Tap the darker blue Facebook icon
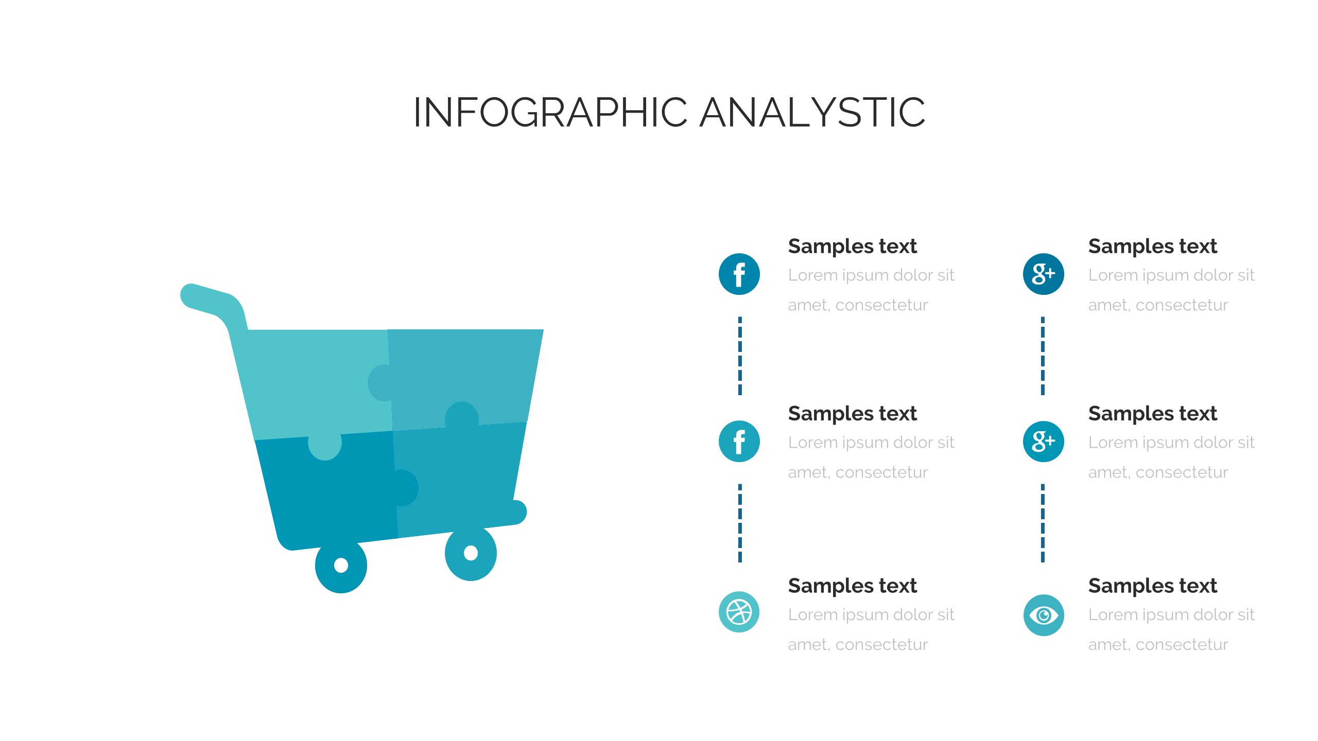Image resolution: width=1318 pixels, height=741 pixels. click(x=739, y=274)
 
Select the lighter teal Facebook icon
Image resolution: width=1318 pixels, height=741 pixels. click(x=739, y=441)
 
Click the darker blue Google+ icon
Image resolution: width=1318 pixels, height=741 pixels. click(x=1043, y=274)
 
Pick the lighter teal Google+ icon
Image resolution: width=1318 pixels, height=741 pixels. click(x=1043, y=441)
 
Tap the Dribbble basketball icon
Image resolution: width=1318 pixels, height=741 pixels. click(x=739, y=612)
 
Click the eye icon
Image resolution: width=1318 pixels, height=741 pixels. click(x=1043, y=615)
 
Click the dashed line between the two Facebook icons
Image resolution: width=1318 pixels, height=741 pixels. click(x=740, y=356)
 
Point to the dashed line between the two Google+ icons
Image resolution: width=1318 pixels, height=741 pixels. click(x=1043, y=356)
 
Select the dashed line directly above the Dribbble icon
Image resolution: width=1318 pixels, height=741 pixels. click(x=740, y=523)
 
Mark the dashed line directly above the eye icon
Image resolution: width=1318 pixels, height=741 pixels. click(x=1043, y=523)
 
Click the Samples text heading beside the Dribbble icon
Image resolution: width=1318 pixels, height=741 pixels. click(x=852, y=586)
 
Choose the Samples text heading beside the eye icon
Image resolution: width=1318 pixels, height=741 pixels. click(x=1152, y=586)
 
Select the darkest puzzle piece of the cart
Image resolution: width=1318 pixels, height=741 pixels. click(x=329, y=494)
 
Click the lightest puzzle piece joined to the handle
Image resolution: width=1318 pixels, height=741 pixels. click(x=309, y=381)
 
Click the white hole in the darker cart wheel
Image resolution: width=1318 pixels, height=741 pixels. click(x=341, y=565)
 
